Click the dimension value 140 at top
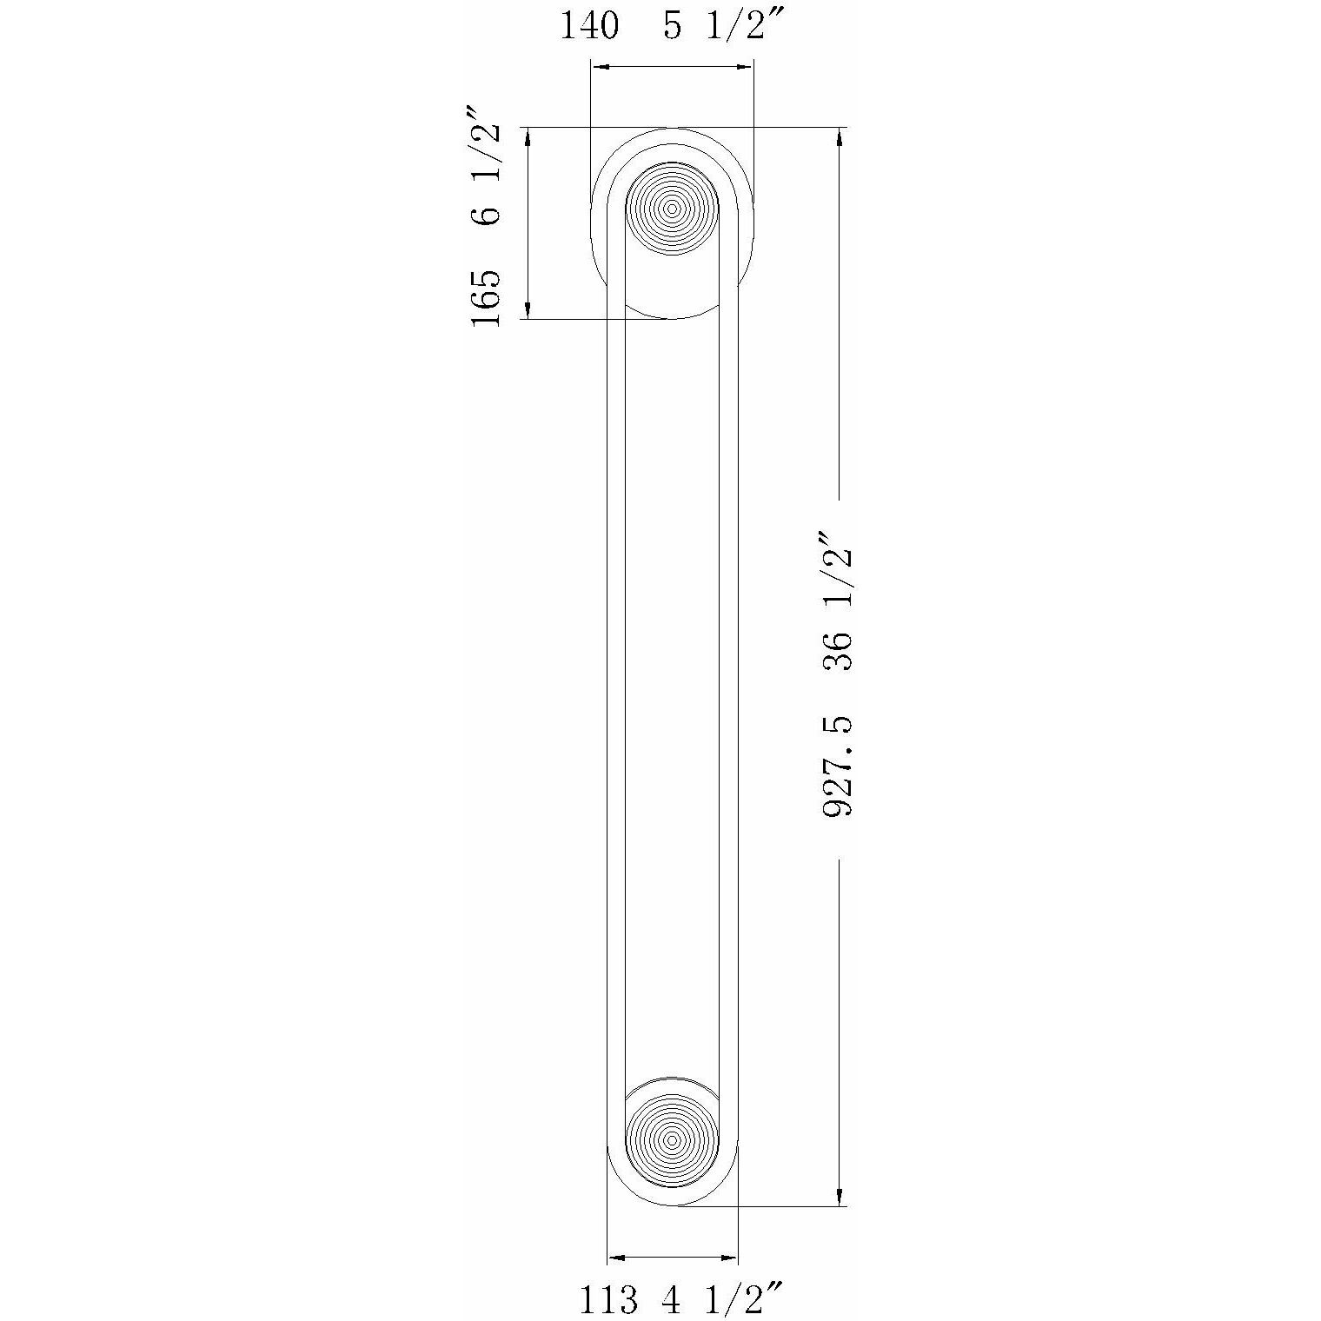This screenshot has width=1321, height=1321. click(x=590, y=26)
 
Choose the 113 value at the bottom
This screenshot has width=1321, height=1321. click(x=608, y=1300)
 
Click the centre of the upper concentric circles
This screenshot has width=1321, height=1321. click(x=672, y=209)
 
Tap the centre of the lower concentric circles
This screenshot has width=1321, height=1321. click(x=672, y=1139)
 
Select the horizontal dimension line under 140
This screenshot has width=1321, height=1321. click(x=672, y=66)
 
